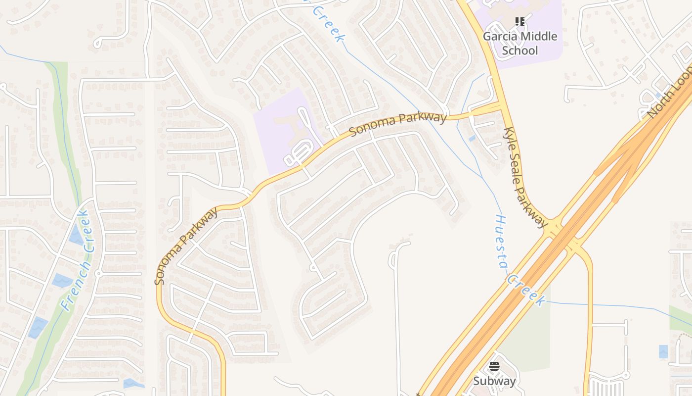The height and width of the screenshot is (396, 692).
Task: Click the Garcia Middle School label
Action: [519, 43]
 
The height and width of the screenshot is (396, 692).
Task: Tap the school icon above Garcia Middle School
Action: [519, 22]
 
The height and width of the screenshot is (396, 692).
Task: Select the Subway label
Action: [494, 381]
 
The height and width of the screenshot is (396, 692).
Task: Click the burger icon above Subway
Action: [494, 366]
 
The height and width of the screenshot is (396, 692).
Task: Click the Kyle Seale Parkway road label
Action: [525, 177]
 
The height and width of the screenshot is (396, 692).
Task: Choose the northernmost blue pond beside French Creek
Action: [76, 235]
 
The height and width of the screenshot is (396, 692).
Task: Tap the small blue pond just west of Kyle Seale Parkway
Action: [472, 138]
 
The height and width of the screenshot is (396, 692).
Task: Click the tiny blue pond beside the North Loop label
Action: [658, 95]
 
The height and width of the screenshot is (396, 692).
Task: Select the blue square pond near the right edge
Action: [663, 351]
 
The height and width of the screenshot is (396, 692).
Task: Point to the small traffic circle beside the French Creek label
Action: [98, 273]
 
